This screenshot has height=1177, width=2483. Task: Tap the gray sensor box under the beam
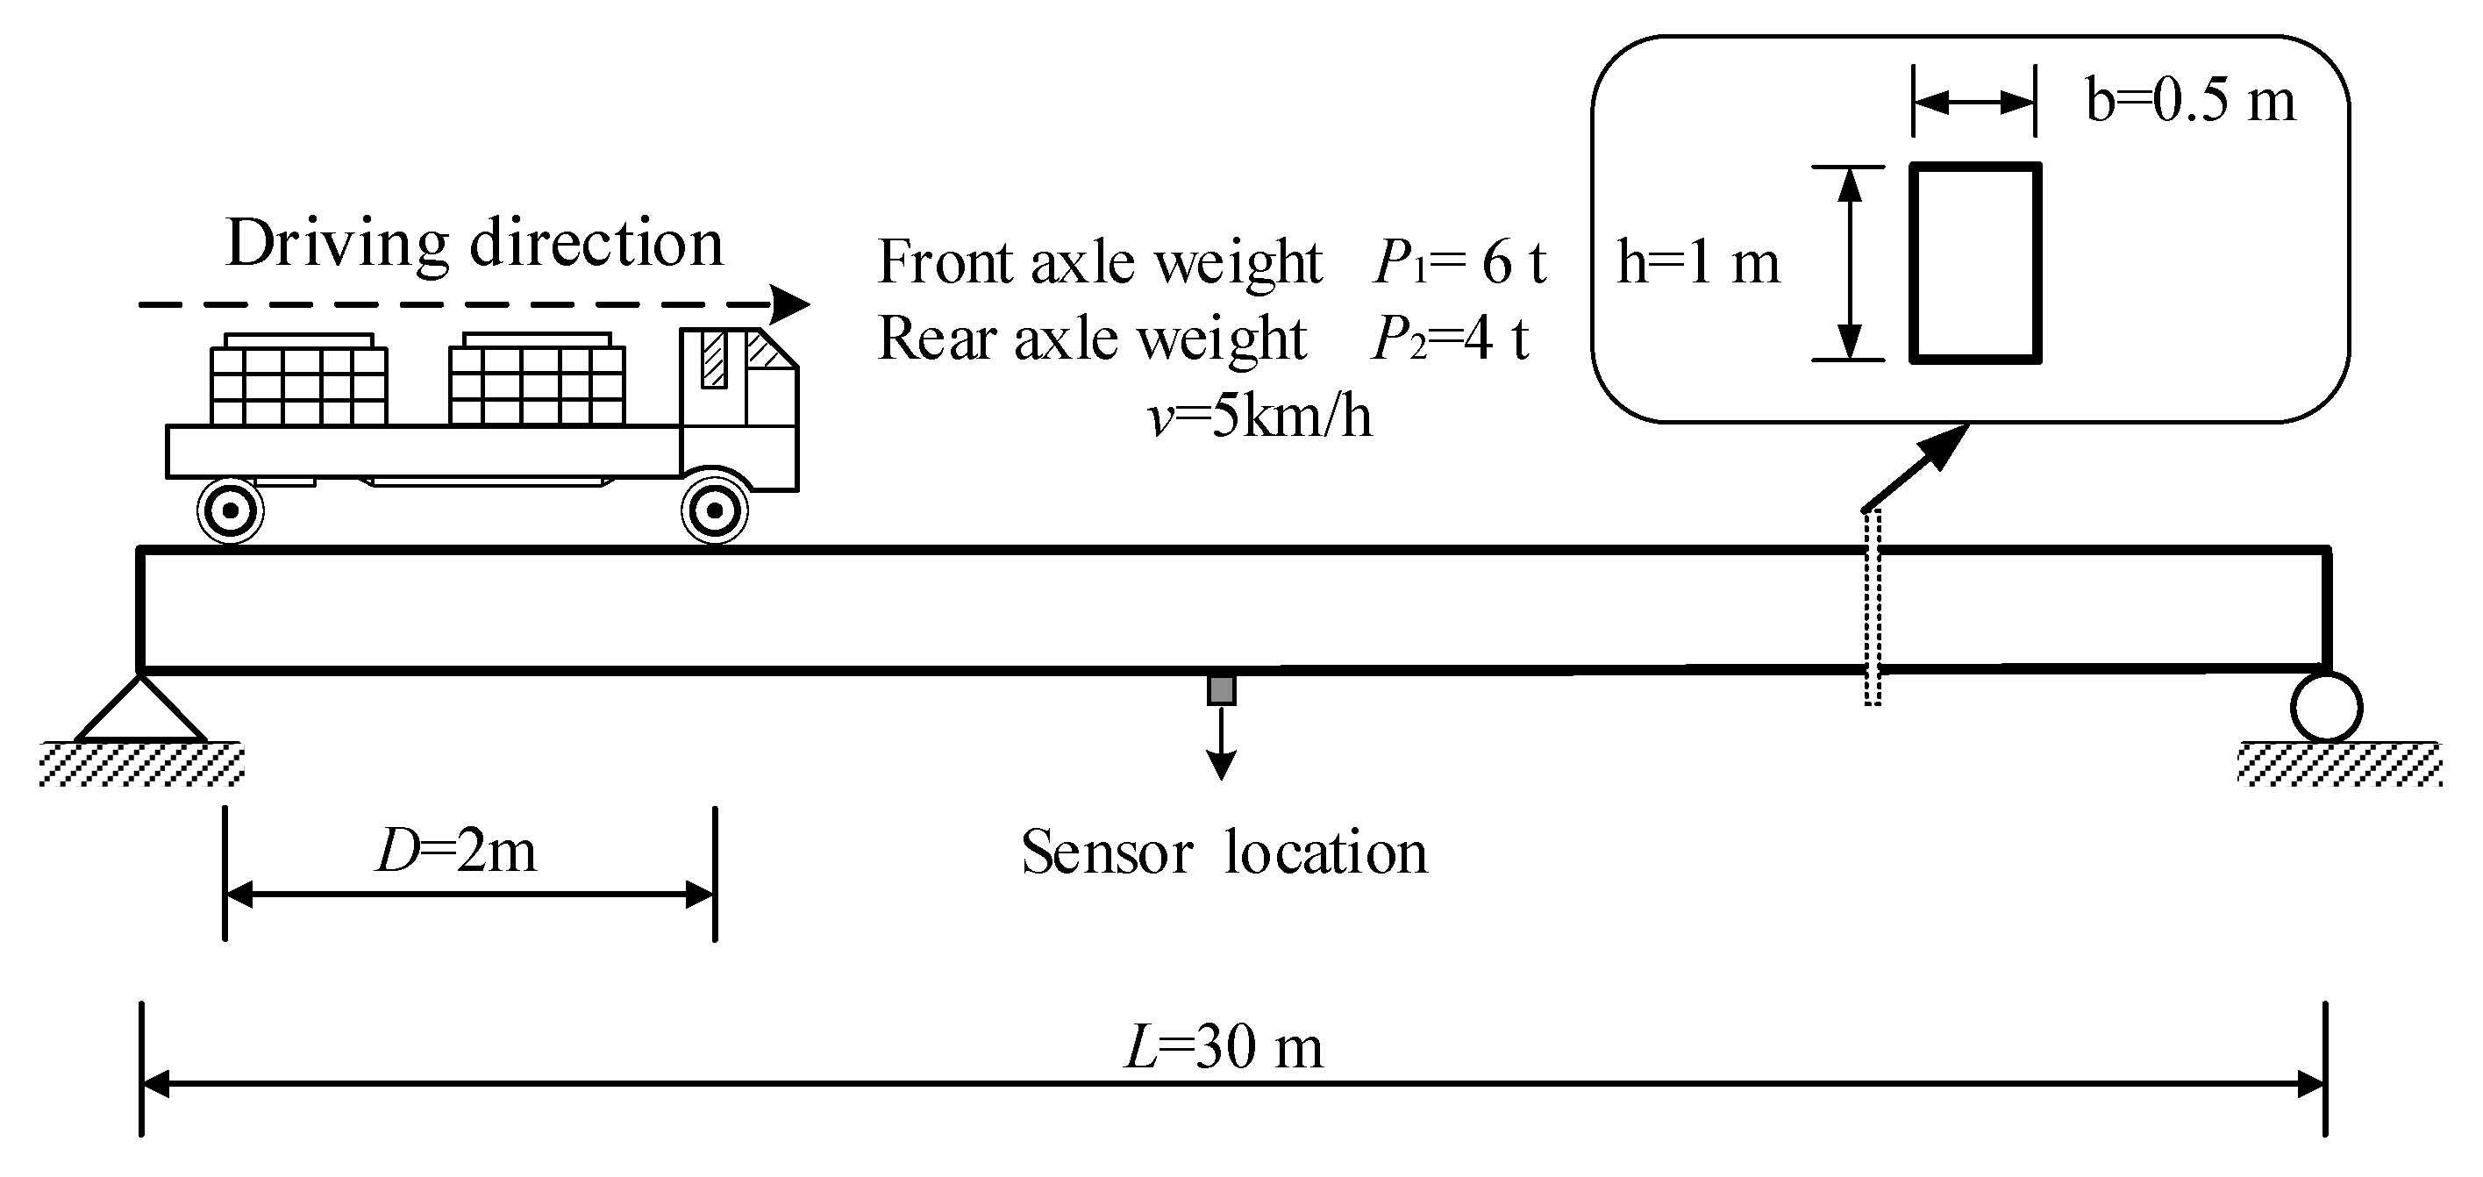(x=1221, y=690)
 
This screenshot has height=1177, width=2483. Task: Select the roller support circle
(x=2326, y=707)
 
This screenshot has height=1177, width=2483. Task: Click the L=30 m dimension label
(x=1224, y=1047)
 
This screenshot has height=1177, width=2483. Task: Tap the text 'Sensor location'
(x=1224, y=852)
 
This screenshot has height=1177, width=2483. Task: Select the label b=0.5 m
(x=2190, y=100)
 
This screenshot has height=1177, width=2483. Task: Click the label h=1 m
(x=1698, y=262)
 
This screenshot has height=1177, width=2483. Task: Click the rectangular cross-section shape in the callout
(x=1975, y=263)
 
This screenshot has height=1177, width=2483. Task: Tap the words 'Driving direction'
(x=474, y=242)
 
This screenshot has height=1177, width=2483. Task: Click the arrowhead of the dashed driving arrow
(x=792, y=304)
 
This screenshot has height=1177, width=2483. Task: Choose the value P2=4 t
(x=1450, y=339)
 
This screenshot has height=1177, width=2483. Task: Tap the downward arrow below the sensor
(x=1221, y=747)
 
